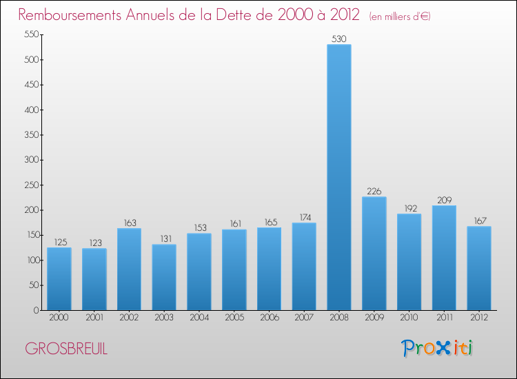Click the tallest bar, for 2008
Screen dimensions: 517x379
(x=339, y=177)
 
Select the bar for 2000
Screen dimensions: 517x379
(x=59, y=279)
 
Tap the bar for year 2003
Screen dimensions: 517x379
(x=164, y=277)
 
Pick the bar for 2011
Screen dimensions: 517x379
(x=444, y=258)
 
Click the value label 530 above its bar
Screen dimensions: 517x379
(x=339, y=39)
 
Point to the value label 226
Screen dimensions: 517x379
(x=374, y=191)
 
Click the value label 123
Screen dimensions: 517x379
(x=95, y=243)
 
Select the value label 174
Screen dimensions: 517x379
(x=305, y=218)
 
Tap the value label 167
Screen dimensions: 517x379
(x=480, y=221)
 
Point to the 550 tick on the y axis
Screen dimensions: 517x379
(x=32, y=34)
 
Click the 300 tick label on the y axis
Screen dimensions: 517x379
(x=32, y=160)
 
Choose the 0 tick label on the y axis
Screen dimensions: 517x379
(x=36, y=311)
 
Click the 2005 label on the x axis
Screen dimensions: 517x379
(x=234, y=318)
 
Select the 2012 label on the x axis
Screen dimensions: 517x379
(x=479, y=318)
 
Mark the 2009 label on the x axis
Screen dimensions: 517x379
(x=374, y=318)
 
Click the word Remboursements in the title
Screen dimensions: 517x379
(x=70, y=15)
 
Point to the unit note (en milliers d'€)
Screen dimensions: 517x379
(x=400, y=17)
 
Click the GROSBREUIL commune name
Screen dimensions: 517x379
(x=66, y=349)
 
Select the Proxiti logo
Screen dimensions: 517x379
(x=437, y=348)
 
